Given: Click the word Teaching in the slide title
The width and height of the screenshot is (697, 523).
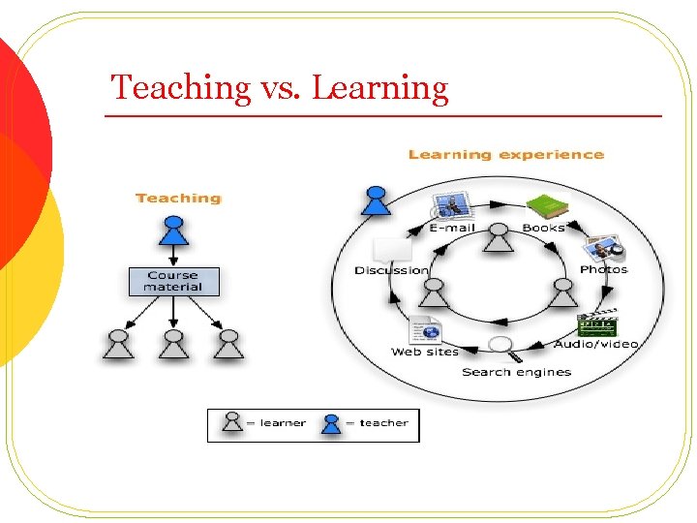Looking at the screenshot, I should [181, 88].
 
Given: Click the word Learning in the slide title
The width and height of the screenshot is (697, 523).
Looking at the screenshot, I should [380, 88].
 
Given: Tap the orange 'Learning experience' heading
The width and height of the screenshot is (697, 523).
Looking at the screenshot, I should [505, 155].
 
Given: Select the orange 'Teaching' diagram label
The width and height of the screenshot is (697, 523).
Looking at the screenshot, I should [178, 199].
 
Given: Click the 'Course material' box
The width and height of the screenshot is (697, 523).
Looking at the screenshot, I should [173, 281].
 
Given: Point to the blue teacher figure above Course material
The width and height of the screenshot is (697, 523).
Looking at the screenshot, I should [174, 230].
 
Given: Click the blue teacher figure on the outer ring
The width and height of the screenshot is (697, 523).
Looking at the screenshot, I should [376, 201].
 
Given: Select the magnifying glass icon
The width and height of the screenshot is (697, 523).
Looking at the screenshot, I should [501, 346].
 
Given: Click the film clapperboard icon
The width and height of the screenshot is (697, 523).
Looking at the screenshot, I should [596, 325].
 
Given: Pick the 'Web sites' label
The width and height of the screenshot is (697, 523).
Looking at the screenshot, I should [425, 352].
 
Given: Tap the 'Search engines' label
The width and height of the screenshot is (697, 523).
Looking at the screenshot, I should [516, 372].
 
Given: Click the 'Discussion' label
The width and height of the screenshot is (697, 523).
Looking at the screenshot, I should [391, 270].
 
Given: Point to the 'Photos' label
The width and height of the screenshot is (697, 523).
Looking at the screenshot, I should [603, 269].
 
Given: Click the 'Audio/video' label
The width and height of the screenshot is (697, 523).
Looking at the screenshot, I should [596, 344].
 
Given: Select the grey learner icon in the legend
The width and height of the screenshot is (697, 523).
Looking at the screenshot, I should [232, 422].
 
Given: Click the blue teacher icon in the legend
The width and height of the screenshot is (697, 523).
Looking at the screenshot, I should [332, 422].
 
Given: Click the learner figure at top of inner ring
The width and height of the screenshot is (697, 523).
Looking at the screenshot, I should [498, 236].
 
